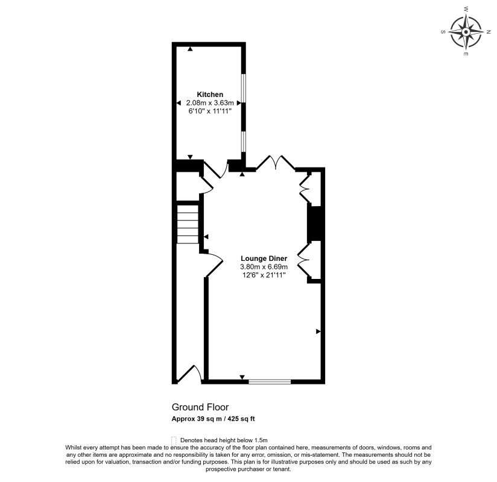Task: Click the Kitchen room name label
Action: click(210, 95)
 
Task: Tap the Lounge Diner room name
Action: click(264, 258)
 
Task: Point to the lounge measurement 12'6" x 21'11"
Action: click(264, 275)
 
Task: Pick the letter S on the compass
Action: click(445, 31)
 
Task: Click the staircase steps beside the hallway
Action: click(188, 224)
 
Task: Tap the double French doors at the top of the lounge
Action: click(275, 163)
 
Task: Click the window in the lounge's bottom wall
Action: click(270, 381)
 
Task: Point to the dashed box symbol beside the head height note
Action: click(174, 440)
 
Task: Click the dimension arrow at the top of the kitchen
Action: click(191, 48)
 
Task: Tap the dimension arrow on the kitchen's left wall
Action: click(179, 104)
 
